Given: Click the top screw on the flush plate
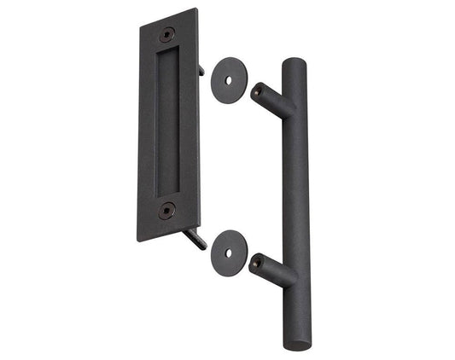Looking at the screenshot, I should (x=167, y=33).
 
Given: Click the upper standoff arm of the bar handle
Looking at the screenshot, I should (x=273, y=100).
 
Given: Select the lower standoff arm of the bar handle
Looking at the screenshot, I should (x=275, y=271).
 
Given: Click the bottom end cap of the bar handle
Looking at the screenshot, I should (x=299, y=342).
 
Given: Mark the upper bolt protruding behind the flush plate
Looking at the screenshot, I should (x=201, y=69).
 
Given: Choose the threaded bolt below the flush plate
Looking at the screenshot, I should (x=196, y=240).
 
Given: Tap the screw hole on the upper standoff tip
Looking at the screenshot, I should (x=255, y=87).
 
